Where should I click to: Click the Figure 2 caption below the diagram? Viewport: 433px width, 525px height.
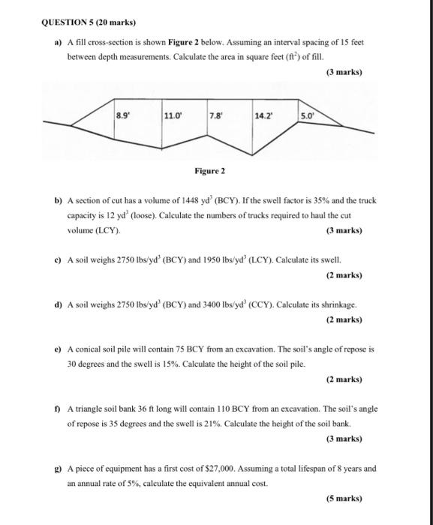pyautogui.click(x=209, y=171)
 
